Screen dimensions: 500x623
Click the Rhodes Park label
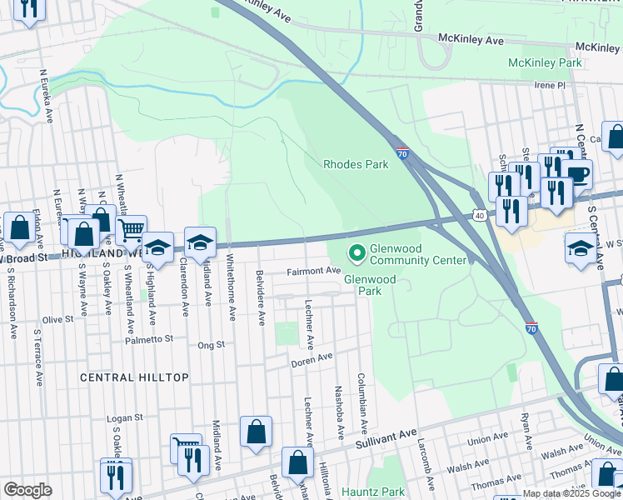click(356, 164)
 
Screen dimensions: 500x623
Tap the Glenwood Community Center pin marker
click(356, 250)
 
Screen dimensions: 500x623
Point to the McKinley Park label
click(545, 63)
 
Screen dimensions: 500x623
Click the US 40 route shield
click(479, 216)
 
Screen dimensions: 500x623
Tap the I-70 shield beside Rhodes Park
click(402, 154)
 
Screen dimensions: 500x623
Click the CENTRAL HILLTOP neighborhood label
click(134, 377)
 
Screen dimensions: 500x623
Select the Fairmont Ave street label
click(314, 271)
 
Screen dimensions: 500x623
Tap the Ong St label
click(211, 344)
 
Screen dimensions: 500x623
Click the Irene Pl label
click(549, 85)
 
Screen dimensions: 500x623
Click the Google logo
click(27, 490)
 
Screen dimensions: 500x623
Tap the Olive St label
click(58, 319)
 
